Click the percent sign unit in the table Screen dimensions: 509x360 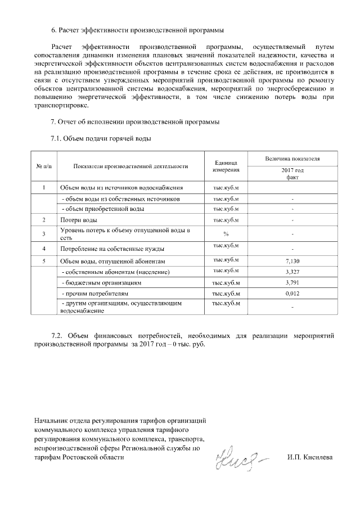pyautogui.click(x=226, y=233)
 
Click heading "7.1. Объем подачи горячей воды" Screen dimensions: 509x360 pyautogui.click(x=101, y=138)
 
